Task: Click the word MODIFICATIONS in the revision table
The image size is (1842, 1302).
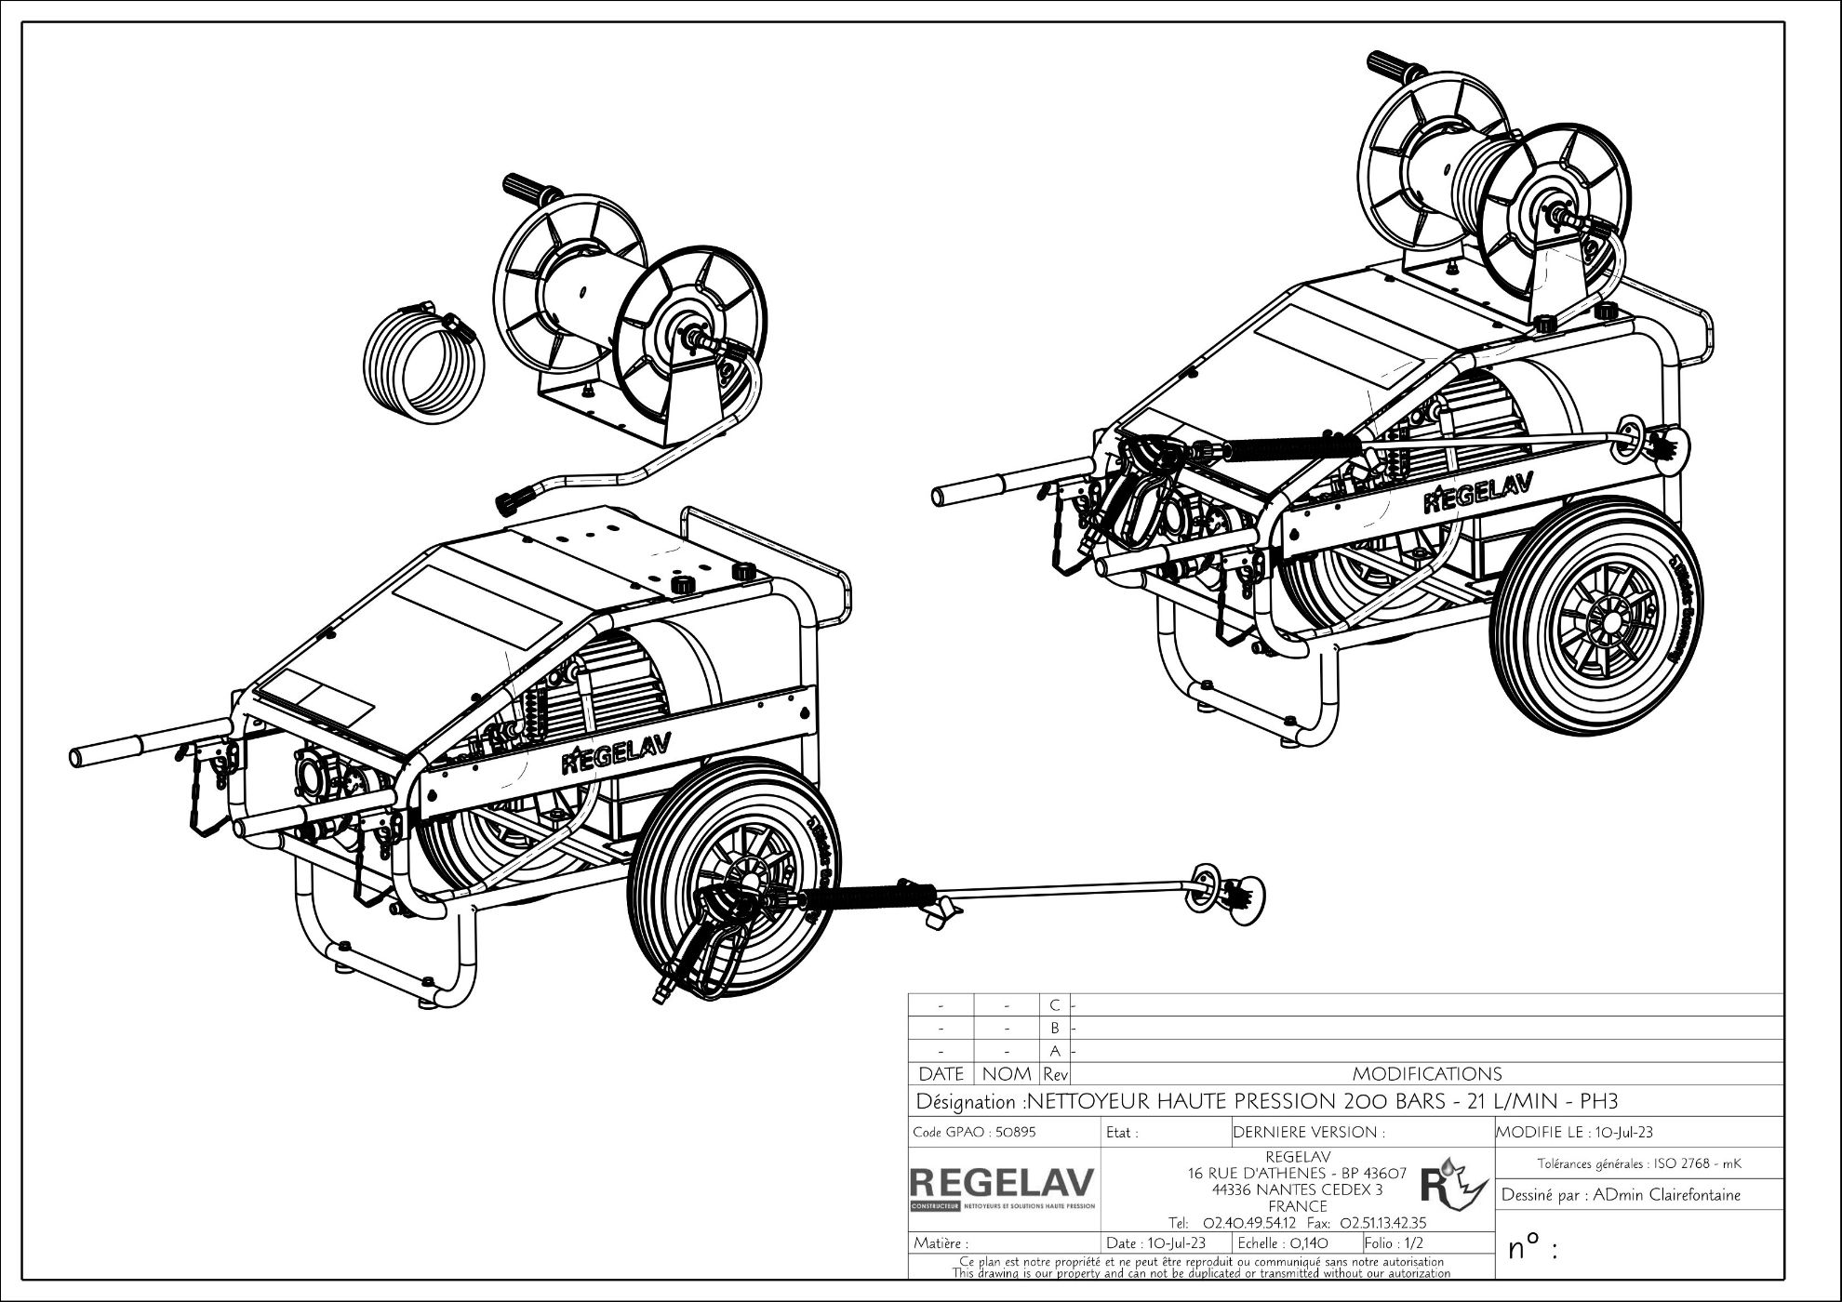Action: pyautogui.click(x=1426, y=1074)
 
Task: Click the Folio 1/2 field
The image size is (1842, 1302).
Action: pyautogui.click(x=1394, y=1242)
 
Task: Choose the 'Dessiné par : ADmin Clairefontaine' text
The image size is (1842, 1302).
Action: pyautogui.click(x=1620, y=1195)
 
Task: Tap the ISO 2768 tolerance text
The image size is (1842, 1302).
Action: pyautogui.click(x=1638, y=1163)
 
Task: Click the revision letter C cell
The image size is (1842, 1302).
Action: pyautogui.click(x=1054, y=1005)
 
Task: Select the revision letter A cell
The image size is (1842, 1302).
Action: pyautogui.click(x=1054, y=1052)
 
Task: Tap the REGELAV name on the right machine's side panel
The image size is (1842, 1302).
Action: pyautogui.click(x=1477, y=494)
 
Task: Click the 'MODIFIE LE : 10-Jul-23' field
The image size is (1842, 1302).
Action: pyautogui.click(x=1574, y=1133)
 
